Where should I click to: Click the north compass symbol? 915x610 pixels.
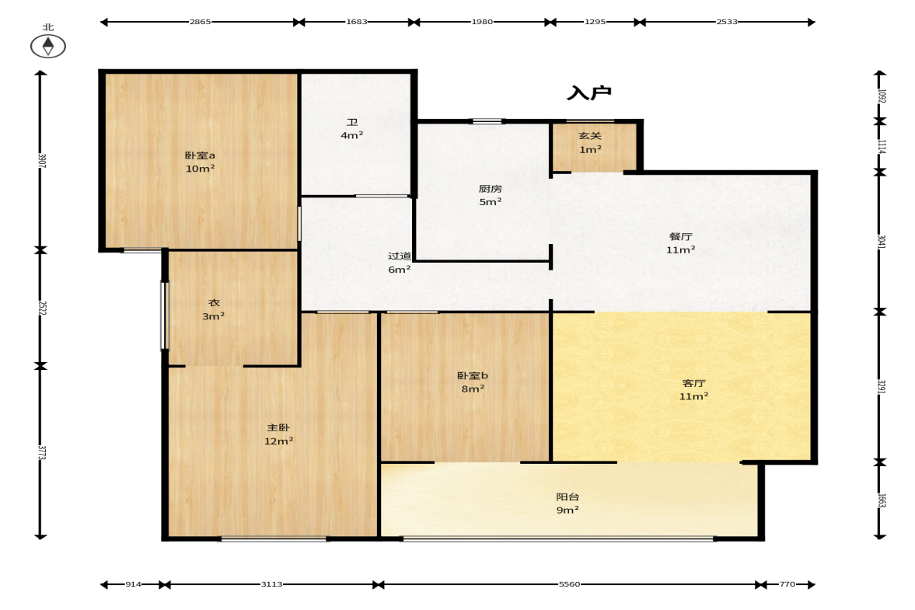tap(48, 46)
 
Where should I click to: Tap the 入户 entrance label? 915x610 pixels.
tap(588, 92)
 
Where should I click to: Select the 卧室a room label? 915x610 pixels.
tap(200, 155)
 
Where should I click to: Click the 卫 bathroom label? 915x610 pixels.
tap(352, 123)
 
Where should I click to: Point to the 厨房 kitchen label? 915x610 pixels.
tap(491, 189)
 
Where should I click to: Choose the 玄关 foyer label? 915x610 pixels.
tap(590, 136)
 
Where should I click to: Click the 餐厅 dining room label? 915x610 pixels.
tap(680, 237)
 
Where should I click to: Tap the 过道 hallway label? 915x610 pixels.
tap(399, 256)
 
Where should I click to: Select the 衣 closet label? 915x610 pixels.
tap(214, 302)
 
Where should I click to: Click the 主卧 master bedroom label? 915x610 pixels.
tap(278, 427)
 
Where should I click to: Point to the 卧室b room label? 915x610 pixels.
tap(472, 375)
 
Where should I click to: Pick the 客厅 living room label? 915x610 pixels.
tap(694, 383)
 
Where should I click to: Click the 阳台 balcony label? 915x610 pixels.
tap(568, 497)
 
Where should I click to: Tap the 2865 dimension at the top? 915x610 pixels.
tap(200, 22)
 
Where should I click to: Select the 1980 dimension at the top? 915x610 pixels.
tap(482, 22)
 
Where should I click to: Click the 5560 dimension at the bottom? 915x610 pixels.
tap(570, 584)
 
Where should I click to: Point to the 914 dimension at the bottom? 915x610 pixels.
tap(133, 584)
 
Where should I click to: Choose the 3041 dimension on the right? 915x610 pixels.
tap(882, 242)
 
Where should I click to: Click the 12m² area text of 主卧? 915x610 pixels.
tap(278, 441)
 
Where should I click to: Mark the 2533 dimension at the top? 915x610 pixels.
tap(727, 22)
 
